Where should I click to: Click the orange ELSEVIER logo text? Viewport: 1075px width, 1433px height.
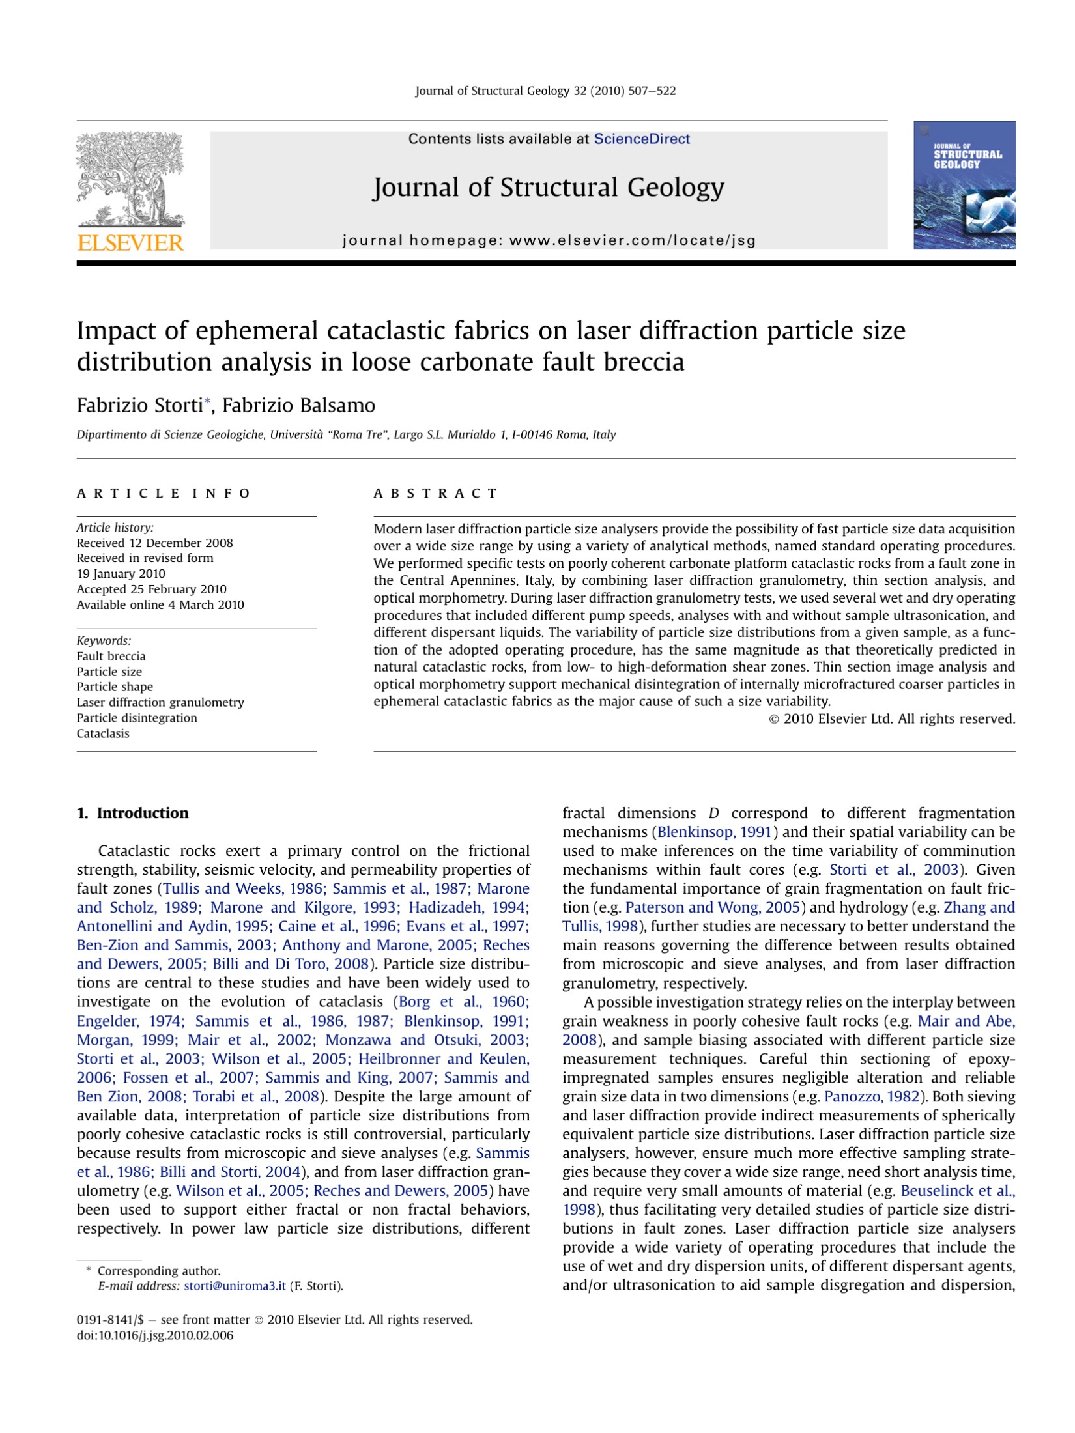point(130,243)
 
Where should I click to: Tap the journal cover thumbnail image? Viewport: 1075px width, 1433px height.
point(964,185)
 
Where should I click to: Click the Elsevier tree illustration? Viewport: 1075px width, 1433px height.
point(130,178)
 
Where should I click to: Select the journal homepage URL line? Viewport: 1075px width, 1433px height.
point(549,240)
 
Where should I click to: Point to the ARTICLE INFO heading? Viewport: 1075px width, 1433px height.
point(164,493)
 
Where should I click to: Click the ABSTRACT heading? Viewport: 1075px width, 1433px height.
point(435,493)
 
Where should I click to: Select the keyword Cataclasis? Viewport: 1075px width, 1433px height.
point(103,733)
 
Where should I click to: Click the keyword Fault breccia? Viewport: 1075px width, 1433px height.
point(111,656)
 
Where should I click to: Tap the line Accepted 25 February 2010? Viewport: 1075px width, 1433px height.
point(151,589)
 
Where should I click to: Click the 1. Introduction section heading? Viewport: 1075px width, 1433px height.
point(133,813)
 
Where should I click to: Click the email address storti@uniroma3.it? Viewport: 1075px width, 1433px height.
point(235,1286)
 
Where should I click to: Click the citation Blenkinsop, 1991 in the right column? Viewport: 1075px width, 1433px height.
point(714,832)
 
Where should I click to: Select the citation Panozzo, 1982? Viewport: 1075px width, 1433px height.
point(871,1096)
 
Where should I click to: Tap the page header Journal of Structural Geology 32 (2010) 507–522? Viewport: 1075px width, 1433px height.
point(545,91)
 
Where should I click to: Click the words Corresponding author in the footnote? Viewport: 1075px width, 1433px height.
point(158,1271)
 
